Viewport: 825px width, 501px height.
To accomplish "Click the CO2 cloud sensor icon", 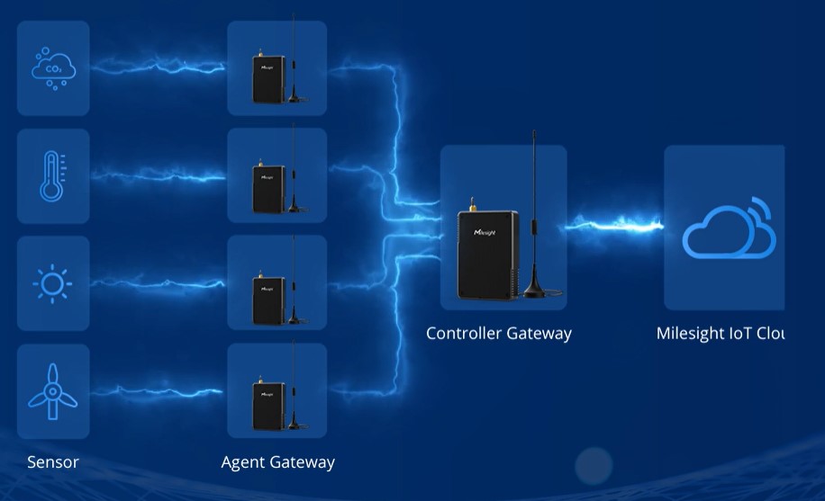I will [54, 68].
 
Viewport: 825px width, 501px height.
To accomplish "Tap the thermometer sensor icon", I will [53, 176].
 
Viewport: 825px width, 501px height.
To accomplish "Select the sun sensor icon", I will [53, 284].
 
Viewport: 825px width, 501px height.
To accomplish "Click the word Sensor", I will [53, 462].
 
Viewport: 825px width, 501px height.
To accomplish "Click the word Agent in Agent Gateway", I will [243, 462].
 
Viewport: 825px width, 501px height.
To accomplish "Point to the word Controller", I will [464, 333].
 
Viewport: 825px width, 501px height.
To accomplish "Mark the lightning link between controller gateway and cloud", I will [615, 225].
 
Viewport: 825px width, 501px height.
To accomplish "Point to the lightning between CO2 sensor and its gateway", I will [158, 65].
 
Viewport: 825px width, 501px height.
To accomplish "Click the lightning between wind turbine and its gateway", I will [158, 389].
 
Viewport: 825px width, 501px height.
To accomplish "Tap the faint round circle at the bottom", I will [594, 466].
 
